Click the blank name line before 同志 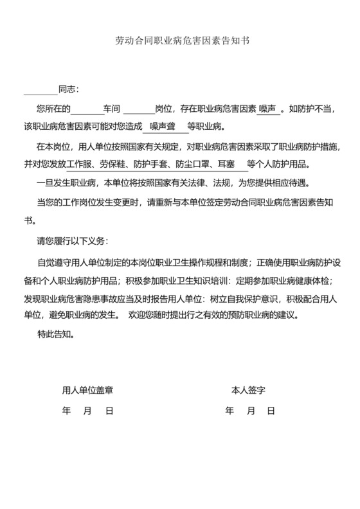[40, 90]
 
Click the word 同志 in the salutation [68, 89]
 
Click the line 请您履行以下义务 [73, 241]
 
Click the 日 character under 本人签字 [271, 410]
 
